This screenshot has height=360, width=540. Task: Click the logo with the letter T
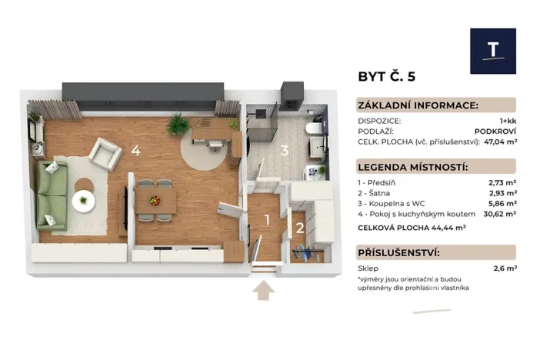(492, 51)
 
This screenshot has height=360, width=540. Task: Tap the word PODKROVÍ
(496, 132)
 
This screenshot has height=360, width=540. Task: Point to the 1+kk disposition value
(507, 121)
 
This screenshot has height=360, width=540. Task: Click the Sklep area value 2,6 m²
(504, 268)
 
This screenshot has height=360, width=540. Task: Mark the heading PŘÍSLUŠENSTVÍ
(398, 252)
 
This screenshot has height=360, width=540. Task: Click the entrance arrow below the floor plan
(264, 292)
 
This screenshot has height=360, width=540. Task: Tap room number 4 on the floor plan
(135, 150)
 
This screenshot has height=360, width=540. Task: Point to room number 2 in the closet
(300, 226)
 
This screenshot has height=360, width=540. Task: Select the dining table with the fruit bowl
(156, 200)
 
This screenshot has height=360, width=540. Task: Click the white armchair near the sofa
(105, 152)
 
